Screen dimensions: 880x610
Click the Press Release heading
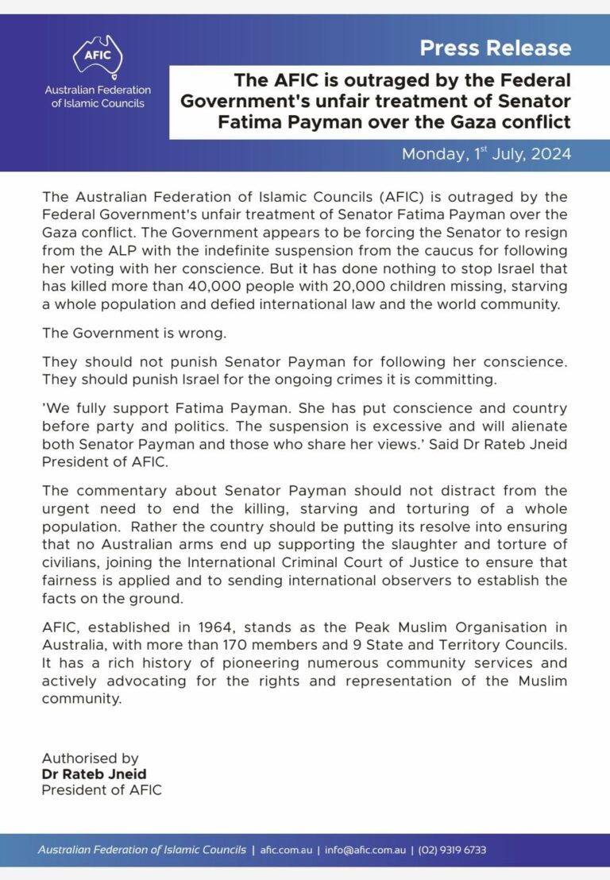pyautogui.click(x=495, y=48)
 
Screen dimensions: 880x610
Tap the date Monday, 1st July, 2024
pyautogui.click(x=486, y=154)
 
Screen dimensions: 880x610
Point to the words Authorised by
pyautogui.click(x=90, y=758)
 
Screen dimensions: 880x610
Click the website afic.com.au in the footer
pyautogui.click(x=284, y=851)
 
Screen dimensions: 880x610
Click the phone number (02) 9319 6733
pyautogui.click(x=451, y=851)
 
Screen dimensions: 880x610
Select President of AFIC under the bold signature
pyautogui.click(x=101, y=790)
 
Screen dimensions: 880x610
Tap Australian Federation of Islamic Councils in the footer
pyautogui.click(x=142, y=851)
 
